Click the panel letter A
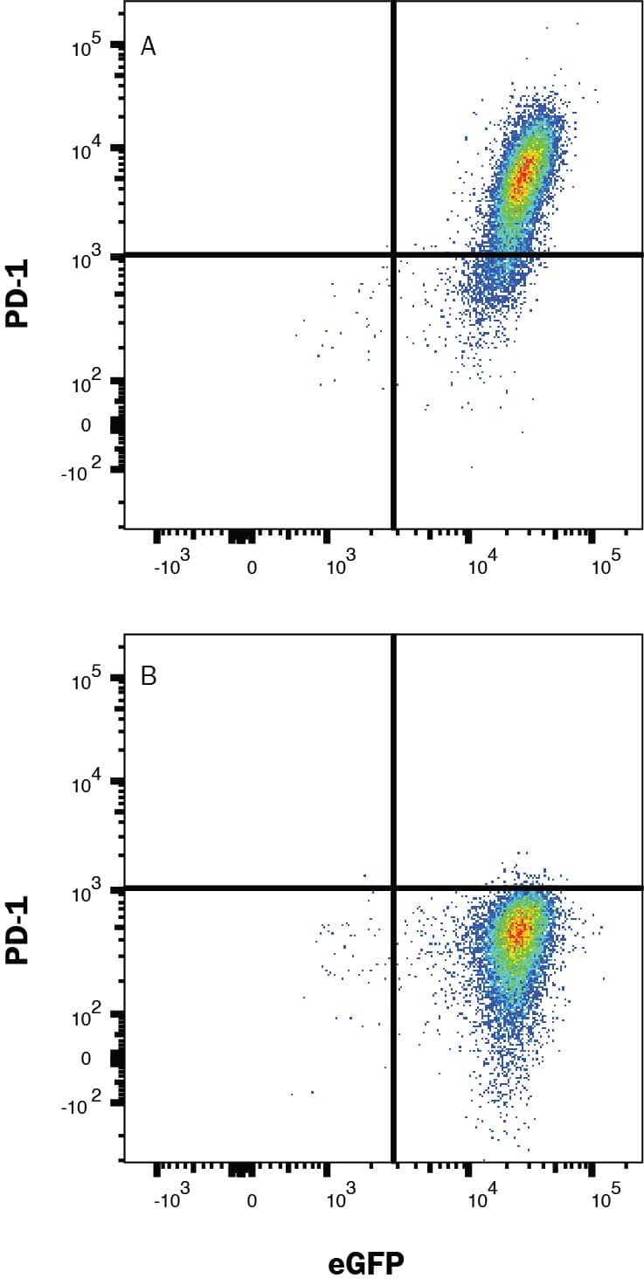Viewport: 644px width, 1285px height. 149,47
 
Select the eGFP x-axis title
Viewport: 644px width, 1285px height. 366,1263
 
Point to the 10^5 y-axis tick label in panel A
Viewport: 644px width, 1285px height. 88,45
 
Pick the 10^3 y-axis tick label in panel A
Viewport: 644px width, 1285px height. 88,258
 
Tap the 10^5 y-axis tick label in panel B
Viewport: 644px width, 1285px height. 88,679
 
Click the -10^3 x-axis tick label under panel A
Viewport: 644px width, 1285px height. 171,567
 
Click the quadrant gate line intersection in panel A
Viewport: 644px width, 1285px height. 393,254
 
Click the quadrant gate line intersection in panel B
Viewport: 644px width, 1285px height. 393,888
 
